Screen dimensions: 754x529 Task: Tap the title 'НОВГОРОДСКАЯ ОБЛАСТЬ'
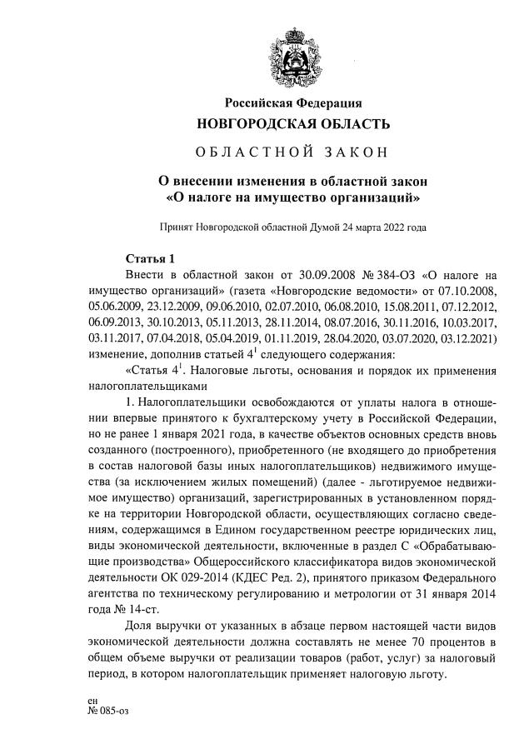(x=292, y=125)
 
